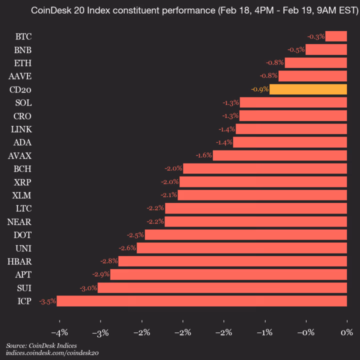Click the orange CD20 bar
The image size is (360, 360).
pyautogui.click(x=308, y=89)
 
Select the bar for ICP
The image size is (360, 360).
pyautogui.click(x=202, y=301)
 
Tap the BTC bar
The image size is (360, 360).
pyautogui.click(x=336, y=36)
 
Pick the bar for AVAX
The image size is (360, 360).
pyautogui.click(x=280, y=155)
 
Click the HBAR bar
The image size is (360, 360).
pyautogui.click(x=232, y=261)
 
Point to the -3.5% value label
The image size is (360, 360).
pyautogui.click(x=47, y=301)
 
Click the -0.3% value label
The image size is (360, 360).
pyautogui.click(x=316, y=36)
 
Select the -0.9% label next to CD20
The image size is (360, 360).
pyautogui.click(x=260, y=89)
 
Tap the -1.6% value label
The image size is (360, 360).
pyautogui.click(x=203, y=155)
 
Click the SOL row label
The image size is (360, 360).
pyautogui.click(x=23, y=102)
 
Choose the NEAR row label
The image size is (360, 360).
pyautogui.click(x=20, y=221)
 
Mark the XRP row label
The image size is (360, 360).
pyautogui.click(x=22, y=182)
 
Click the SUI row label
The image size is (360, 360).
pyautogui.click(x=23, y=287)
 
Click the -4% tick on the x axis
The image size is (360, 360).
pyautogui.click(x=59, y=332)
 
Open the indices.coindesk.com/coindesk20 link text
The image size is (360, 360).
pyautogui.click(x=52, y=353)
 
